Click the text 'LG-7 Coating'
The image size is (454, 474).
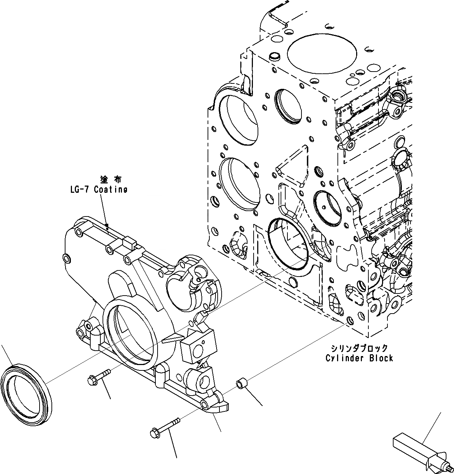coord(99,190)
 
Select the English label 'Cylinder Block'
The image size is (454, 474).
coord(359,358)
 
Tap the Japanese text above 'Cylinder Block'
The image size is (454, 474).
coord(359,348)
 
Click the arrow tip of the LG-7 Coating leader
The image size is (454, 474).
coord(107,226)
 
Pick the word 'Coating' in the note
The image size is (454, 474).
coord(110,190)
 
